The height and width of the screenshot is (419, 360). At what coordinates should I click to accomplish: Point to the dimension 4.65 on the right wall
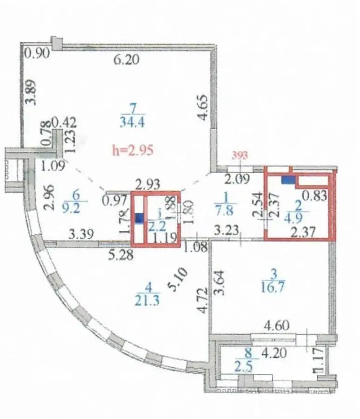[x=203, y=108]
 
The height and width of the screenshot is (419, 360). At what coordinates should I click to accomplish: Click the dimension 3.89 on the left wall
[x=31, y=92]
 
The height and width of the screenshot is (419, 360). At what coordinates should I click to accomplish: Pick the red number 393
[x=240, y=155]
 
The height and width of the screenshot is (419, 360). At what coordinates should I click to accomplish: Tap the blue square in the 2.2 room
[x=139, y=216]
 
